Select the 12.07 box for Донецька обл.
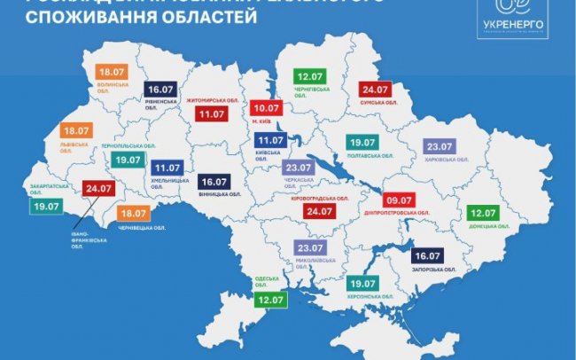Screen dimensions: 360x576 (x=482, y=214)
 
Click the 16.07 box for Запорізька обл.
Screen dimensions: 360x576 (x=429, y=255)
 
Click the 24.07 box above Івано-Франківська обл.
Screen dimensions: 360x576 (x=99, y=189)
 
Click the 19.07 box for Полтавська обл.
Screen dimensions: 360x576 (x=362, y=142)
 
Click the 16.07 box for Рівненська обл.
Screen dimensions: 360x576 (x=162, y=89)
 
